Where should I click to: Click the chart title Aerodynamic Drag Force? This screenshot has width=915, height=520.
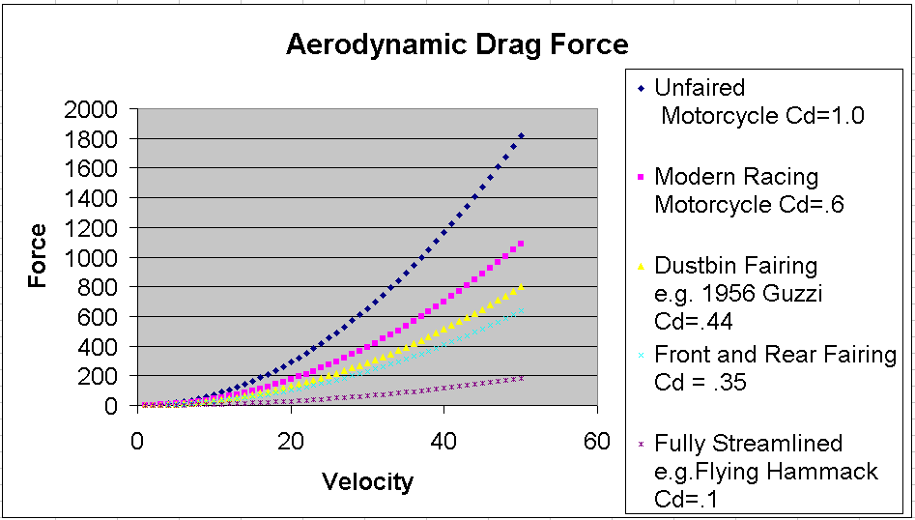pyautogui.click(x=457, y=44)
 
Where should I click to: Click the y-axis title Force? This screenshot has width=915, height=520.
pyautogui.click(x=38, y=256)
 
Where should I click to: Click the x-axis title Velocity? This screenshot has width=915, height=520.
pyautogui.click(x=367, y=481)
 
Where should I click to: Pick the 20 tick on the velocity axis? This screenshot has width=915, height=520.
pyautogui.click(x=291, y=442)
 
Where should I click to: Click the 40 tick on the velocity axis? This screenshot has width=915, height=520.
pyautogui.click(x=444, y=442)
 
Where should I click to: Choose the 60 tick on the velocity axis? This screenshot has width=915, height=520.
pyautogui.click(x=597, y=442)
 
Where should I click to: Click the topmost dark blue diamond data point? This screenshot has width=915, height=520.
pyautogui.click(x=521, y=136)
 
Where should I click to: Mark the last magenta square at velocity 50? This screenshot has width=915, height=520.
pyautogui.click(x=521, y=245)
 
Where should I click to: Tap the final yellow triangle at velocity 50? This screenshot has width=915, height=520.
pyautogui.click(x=521, y=286)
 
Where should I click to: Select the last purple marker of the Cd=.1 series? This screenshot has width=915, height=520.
pyautogui.click(x=521, y=378)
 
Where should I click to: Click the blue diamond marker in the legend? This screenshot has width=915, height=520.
pyautogui.click(x=640, y=89)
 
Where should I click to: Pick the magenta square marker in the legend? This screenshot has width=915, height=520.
pyautogui.click(x=640, y=178)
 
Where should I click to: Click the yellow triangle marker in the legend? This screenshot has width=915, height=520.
pyautogui.click(x=640, y=267)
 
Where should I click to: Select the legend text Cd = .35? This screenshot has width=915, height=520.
pyautogui.click(x=701, y=383)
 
